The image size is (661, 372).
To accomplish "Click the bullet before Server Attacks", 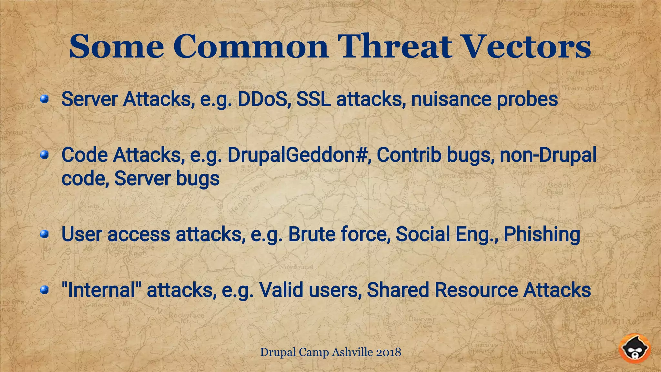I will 44,99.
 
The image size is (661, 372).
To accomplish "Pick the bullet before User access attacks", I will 44,234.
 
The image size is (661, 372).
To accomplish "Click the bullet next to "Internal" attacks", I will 44,290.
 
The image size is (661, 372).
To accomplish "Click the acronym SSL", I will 313,99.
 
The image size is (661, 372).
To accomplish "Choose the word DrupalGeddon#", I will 297,155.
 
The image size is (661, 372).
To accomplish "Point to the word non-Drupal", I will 548,155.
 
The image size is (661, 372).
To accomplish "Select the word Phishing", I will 542,234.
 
